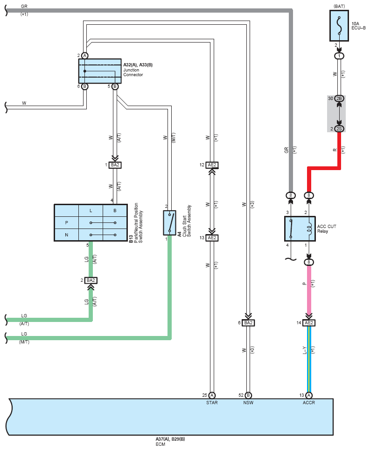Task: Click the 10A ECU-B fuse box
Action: (339, 26)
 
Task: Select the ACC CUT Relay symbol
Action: (300, 229)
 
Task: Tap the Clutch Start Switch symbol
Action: (169, 223)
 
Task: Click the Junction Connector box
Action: (100, 71)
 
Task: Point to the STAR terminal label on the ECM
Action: (212, 403)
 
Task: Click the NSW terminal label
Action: (248, 403)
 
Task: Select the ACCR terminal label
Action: (309, 403)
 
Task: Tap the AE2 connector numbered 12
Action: (212, 165)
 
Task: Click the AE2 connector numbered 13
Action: (212, 238)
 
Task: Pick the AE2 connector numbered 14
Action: (309, 323)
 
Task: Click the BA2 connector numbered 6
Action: (248, 323)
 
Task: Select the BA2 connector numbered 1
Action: (115, 165)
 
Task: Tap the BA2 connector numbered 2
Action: (91, 280)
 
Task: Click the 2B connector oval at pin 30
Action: (339, 99)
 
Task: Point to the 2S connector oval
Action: (339, 129)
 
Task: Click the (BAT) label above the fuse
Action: (339, 7)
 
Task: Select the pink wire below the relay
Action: (309, 290)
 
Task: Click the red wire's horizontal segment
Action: (324, 168)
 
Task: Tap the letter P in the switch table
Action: (67, 223)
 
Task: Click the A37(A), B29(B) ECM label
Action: (170, 439)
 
